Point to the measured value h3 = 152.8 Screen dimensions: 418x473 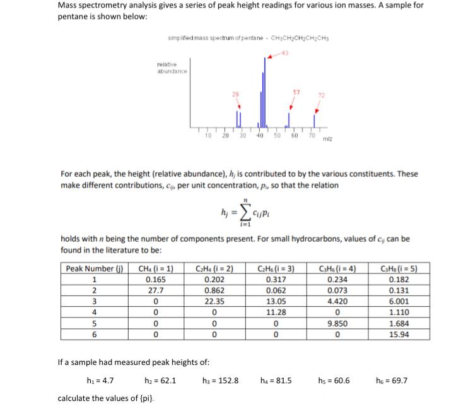pyautogui.click(x=220, y=381)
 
